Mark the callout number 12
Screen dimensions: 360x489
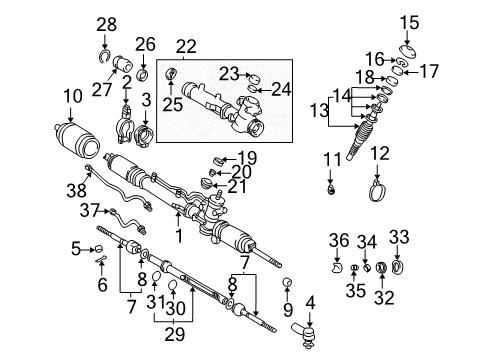click(x=379, y=153)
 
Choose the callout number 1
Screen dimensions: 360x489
click(x=179, y=237)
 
